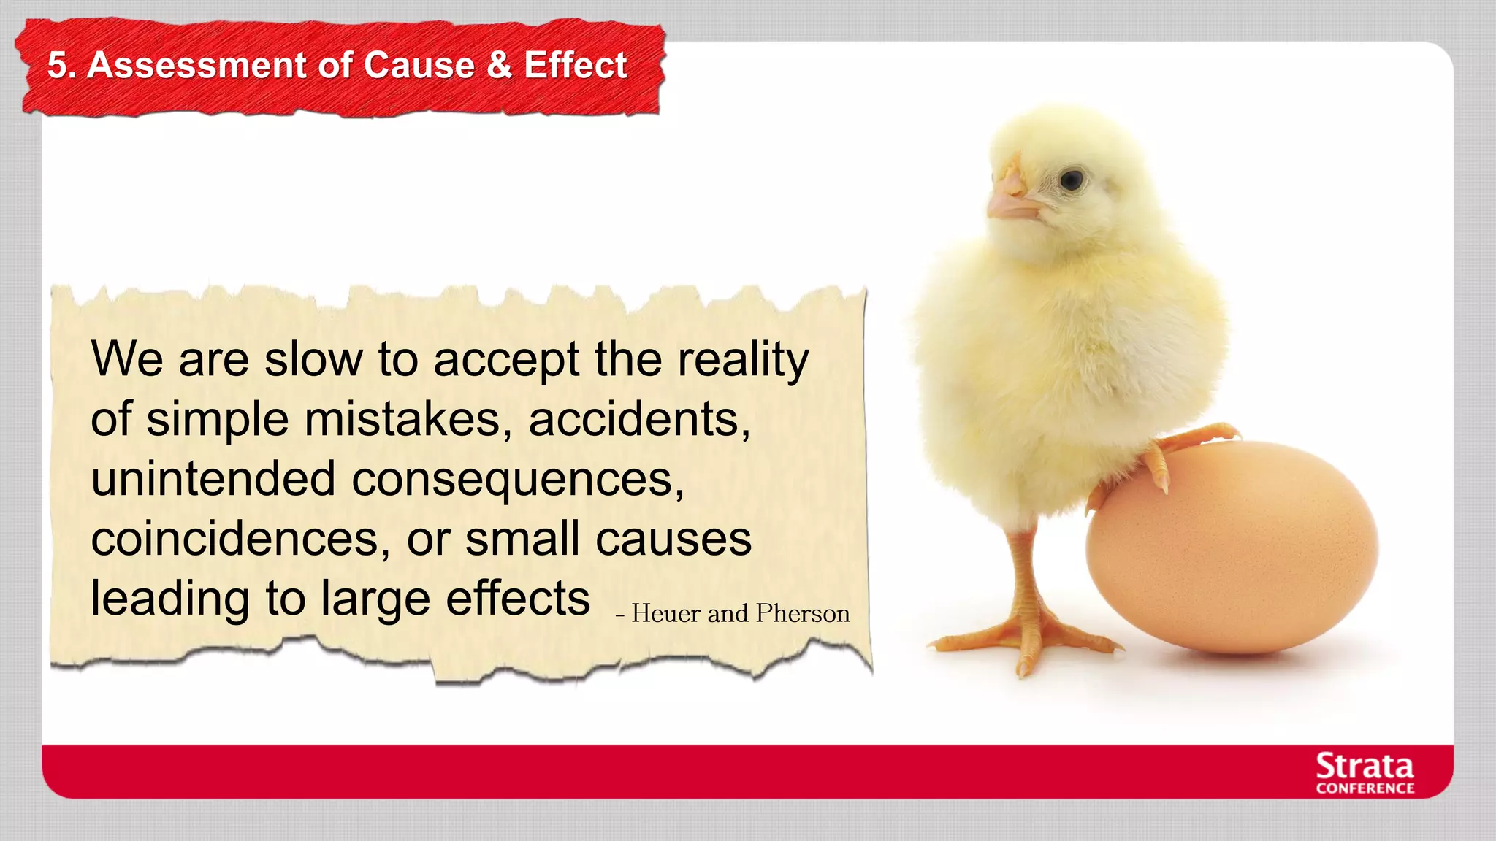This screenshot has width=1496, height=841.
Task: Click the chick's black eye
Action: pos(1071,180)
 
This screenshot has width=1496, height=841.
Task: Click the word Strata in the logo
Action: pos(1365,767)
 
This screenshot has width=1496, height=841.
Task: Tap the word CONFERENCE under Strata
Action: pos(1365,788)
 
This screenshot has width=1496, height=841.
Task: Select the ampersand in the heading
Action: pos(499,65)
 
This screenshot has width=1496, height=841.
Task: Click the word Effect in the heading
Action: pos(575,65)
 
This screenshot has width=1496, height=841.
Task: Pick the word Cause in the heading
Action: pos(419,65)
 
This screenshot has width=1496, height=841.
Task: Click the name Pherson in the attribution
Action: pos(803,613)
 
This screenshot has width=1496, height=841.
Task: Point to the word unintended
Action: pos(213,480)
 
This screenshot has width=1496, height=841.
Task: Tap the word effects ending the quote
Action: pos(517,599)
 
